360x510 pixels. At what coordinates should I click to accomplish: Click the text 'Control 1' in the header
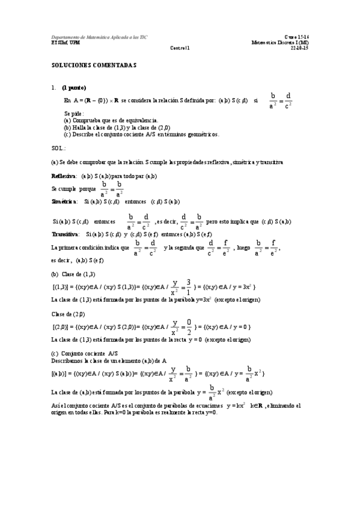pos(180,48)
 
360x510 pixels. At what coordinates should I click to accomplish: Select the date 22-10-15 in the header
pos(299,48)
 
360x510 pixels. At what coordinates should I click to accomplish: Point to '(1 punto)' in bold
pos(74,87)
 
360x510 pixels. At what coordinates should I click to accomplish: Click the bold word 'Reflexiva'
pos(63,176)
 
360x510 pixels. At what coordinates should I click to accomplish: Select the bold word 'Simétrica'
pos(63,201)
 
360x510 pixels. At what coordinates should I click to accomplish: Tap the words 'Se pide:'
pos(74,113)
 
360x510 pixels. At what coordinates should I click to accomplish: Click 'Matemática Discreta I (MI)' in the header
pos(281,43)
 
